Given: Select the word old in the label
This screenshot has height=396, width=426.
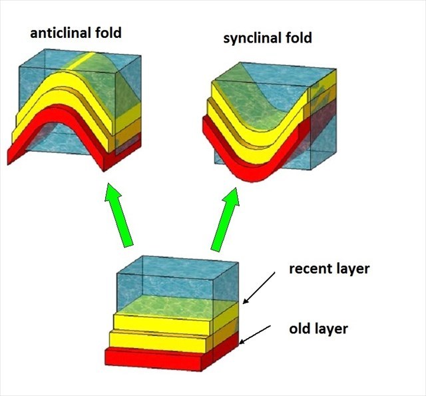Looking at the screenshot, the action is [300, 329].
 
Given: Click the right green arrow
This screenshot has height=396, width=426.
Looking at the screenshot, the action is [224, 216].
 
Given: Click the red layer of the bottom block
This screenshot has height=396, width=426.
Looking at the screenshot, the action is [153, 358].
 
